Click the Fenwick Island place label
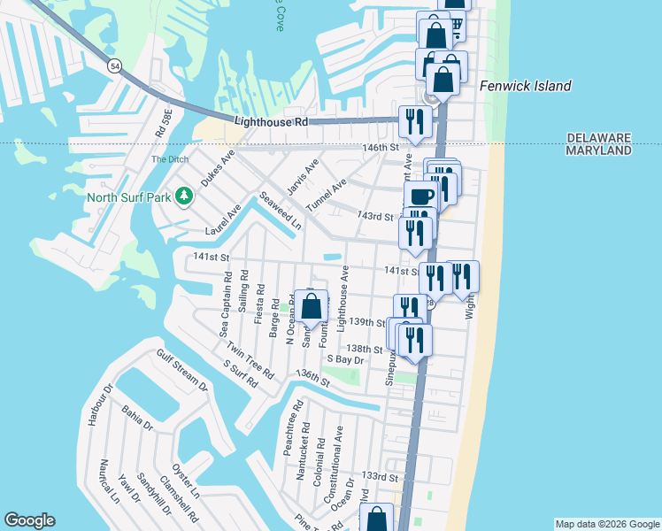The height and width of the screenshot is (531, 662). tap(525, 86)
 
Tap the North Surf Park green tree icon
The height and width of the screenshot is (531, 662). tap(184, 195)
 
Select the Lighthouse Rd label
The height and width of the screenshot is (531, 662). tap(271, 121)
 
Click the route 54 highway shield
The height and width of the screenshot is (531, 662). tap(116, 65)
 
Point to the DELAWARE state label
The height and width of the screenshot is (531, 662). tap(598, 138)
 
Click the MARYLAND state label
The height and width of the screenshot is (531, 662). tap(598, 151)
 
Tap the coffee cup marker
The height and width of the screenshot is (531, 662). tap(420, 196)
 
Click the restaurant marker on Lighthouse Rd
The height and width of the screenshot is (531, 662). tap(413, 121)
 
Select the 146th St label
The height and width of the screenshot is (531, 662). tap(381, 148)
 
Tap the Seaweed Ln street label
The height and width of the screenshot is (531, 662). tap(280, 212)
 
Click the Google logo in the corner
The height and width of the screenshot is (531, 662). tap(29, 520)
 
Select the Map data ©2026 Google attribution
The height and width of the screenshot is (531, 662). tap(607, 524)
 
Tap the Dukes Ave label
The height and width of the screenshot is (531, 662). tap(217, 167)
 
